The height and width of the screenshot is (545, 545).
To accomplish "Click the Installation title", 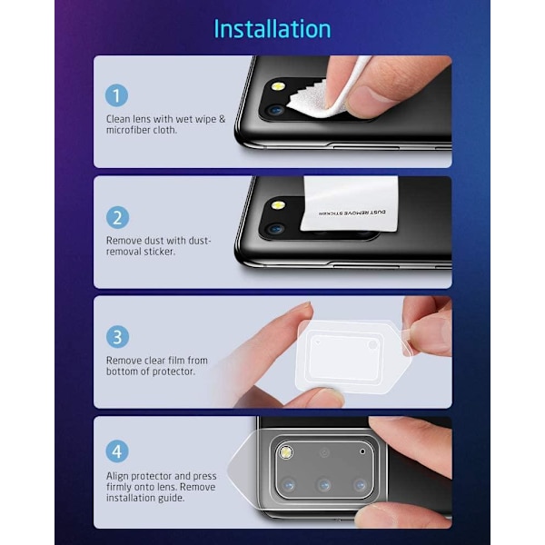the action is point(272,29).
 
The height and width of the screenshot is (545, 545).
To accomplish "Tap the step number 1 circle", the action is point(117,95).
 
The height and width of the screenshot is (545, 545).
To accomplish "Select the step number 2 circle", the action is point(117,218).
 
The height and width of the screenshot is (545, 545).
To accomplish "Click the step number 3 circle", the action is point(117,336).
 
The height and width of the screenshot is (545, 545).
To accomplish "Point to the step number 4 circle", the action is point(117,451).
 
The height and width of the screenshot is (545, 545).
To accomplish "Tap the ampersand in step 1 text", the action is point(223,119).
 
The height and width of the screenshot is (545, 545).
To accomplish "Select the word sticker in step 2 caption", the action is point(160,252).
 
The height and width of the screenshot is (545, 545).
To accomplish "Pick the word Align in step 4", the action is point(117,477).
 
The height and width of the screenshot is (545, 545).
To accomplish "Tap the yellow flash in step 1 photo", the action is point(278,86).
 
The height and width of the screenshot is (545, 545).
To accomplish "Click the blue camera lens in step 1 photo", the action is point(276,111).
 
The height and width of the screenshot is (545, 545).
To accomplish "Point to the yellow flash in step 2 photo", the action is point(279,205).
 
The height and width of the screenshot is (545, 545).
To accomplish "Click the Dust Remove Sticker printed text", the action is point(352,213).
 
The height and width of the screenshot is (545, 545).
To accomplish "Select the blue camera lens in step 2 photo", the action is point(276,230).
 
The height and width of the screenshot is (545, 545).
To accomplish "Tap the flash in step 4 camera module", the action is point(286,452).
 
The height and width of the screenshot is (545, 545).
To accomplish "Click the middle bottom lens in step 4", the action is point(324,484).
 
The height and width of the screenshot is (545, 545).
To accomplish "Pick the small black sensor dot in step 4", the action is point(362,451).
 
